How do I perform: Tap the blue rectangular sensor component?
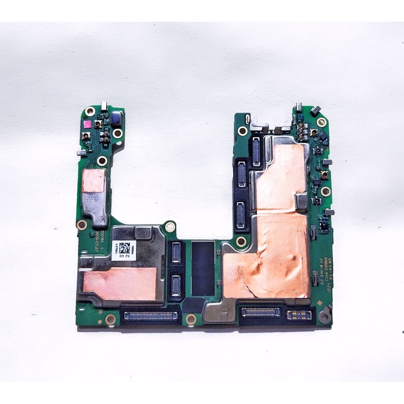116,118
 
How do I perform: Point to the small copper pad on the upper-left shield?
94,181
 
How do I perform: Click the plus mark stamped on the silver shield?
94,200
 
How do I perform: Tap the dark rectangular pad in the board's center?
203,268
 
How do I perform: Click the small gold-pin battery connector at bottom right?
299,314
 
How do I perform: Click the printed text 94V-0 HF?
322,272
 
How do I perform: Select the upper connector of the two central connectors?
176,253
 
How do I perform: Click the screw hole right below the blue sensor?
117,134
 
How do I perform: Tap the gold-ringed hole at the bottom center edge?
191,319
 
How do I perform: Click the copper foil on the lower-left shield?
120,283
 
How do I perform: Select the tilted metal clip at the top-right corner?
316,110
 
